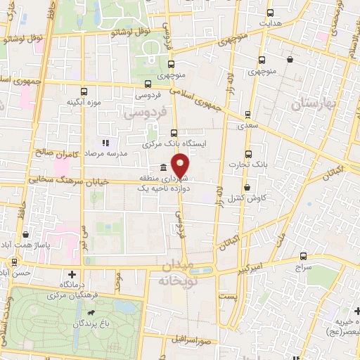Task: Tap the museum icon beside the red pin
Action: click(x=163, y=167)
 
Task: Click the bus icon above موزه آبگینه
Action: click(x=84, y=91)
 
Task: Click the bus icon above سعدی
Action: click(x=247, y=113)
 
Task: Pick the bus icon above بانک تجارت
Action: click(x=247, y=154)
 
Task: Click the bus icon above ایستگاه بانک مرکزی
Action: click(x=174, y=133)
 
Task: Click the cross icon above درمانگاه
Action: click(x=72, y=274)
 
